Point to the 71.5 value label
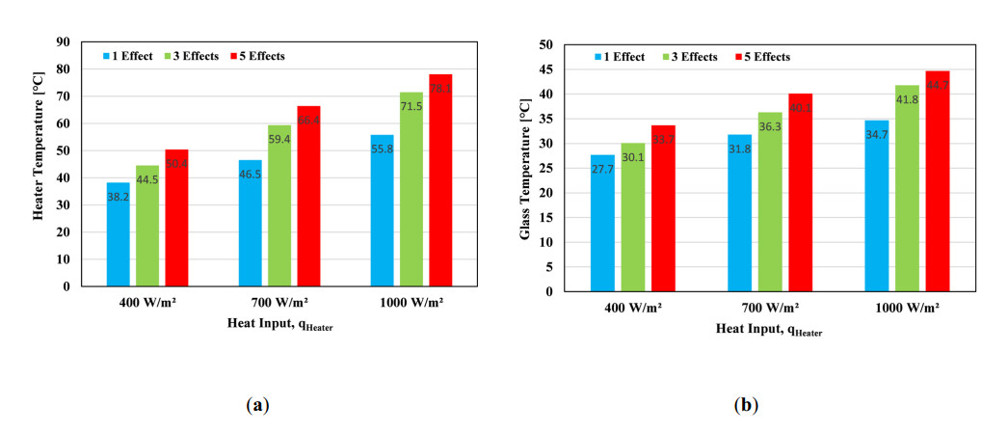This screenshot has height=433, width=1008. click(x=411, y=106)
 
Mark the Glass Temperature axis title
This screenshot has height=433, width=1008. click(x=526, y=168)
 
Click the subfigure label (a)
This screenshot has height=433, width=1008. click(x=256, y=406)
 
